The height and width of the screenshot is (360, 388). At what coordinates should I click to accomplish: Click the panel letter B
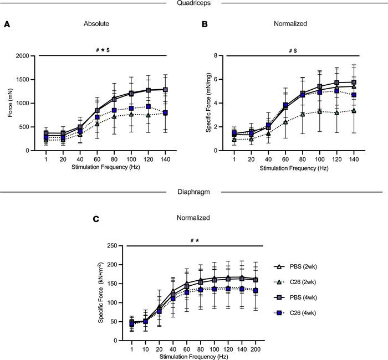[x=204, y=25]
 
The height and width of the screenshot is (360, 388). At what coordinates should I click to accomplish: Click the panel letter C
[x=96, y=219]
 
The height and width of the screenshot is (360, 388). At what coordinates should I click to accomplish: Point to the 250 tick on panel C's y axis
[x=115, y=245]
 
